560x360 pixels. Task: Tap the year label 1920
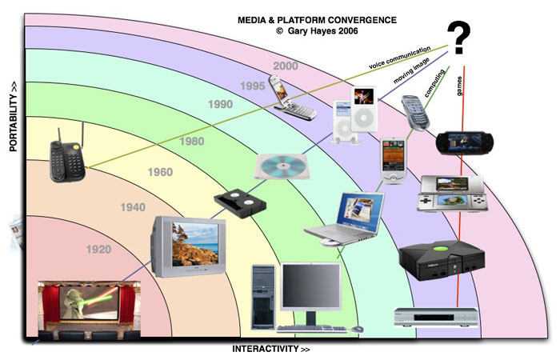[x=98, y=250]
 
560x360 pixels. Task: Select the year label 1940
[x=132, y=208]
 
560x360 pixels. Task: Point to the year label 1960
[x=161, y=171]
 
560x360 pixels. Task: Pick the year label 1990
[x=219, y=104]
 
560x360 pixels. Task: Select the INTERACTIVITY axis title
[x=270, y=350]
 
